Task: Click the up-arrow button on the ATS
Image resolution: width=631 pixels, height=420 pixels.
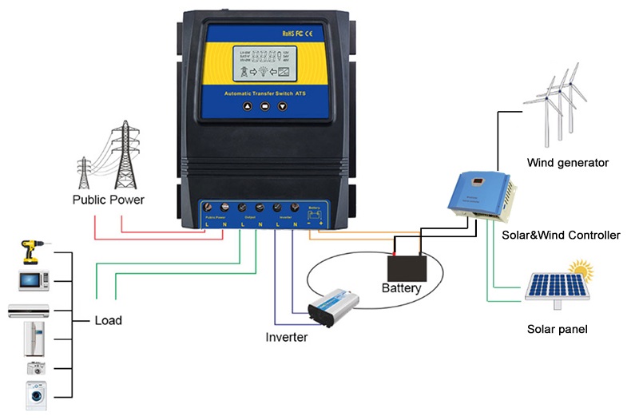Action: pos(247,105)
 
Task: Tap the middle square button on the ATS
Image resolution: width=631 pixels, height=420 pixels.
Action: pos(264,105)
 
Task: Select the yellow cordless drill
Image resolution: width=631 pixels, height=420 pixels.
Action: pos(31,253)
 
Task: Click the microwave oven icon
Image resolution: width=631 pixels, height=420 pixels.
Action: pos(34,279)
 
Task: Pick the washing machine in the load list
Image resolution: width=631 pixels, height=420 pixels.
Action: pos(34,394)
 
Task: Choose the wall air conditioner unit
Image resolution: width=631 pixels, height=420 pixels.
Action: pos(34,311)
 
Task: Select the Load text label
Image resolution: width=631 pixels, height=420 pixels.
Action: pos(108,321)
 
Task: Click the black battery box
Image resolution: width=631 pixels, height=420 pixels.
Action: pos(407,266)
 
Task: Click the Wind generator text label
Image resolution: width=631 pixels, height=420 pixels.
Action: pos(568,163)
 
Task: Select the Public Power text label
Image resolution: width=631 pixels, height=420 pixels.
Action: pos(109,200)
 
